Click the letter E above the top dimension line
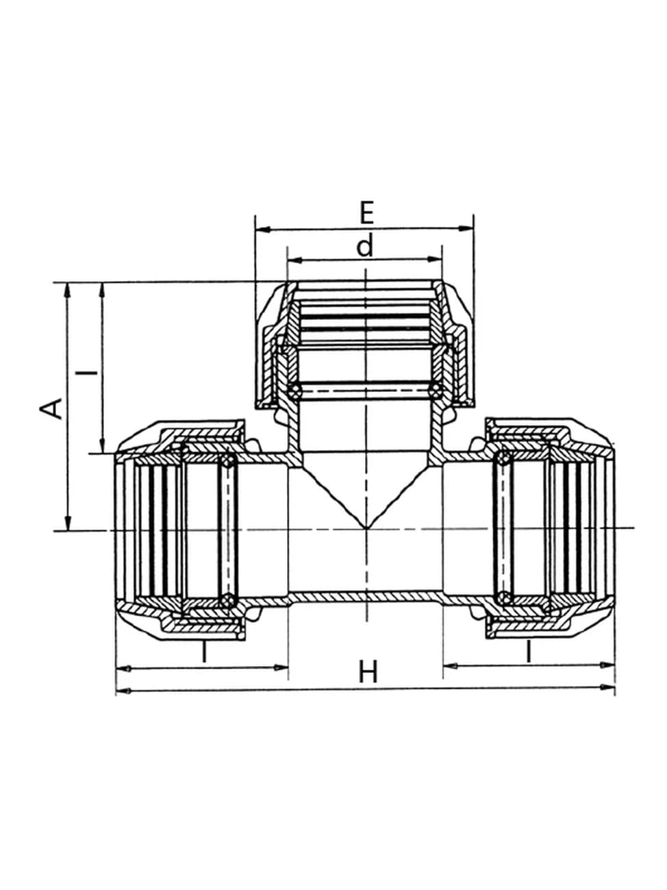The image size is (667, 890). pos(366,213)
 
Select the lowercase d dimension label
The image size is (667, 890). pos(365,247)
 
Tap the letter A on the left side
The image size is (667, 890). pos(51,408)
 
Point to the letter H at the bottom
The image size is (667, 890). pos(368,671)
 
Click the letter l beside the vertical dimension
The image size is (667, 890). pos(87,371)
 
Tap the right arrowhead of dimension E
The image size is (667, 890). pos(466,229)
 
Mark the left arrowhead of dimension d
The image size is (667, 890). pos(294,260)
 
